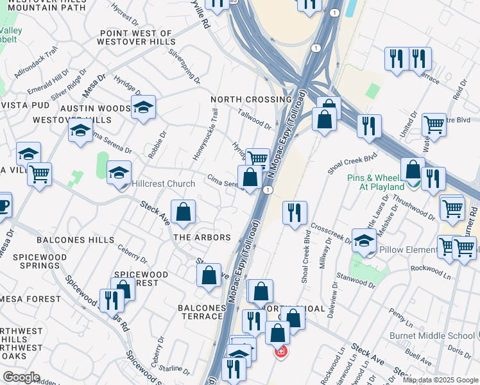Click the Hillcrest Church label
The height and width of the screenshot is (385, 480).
click(163, 184)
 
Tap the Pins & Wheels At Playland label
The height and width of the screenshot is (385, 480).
click(377, 182)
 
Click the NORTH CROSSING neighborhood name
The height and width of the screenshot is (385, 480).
click(251, 99)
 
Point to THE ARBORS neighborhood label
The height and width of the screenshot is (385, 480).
click(203, 237)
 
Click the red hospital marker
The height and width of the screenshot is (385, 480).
click(280, 352)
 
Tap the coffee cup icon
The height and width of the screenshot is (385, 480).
click(3, 205)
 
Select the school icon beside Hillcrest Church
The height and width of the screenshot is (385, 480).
click(119, 173)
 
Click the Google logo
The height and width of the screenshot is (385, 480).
click(21, 377)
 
